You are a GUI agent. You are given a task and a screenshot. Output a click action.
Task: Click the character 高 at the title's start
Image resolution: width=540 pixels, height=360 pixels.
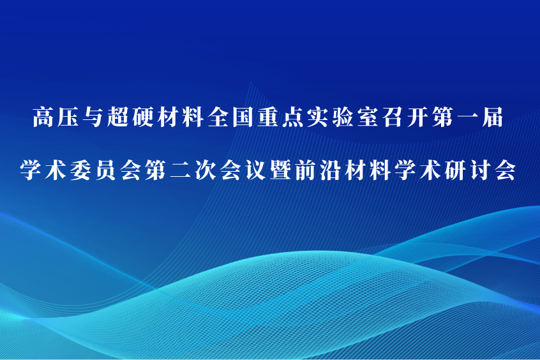(x=43, y=117)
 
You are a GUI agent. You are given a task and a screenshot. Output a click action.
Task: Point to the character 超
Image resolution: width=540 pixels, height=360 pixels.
(x=118, y=117)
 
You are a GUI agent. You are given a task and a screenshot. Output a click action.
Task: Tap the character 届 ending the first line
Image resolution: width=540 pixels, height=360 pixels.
(x=493, y=117)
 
